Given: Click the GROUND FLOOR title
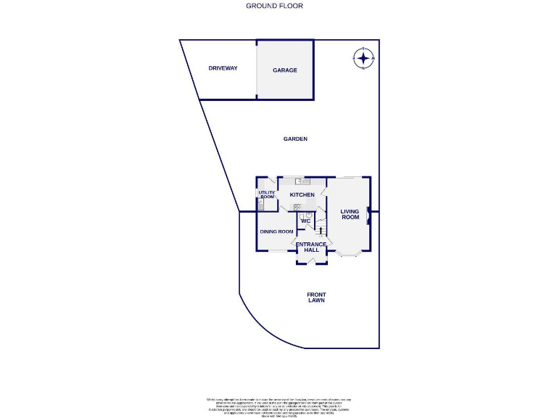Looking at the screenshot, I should (274, 6).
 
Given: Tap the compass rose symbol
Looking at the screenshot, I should (363, 57).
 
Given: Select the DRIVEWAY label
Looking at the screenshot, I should (223, 68).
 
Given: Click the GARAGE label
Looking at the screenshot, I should (284, 70).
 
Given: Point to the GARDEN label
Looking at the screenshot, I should (295, 139).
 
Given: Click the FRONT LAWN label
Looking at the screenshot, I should (315, 297).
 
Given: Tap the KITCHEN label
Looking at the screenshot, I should (302, 195).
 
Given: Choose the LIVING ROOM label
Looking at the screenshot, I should (350, 215).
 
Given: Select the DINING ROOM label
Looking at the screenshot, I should (276, 231).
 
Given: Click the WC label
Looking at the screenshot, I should (305, 221).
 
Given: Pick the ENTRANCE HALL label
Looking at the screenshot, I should (311, 247).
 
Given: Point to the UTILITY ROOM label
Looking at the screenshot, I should (266, 195).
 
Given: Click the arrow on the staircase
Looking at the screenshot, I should (320, 230).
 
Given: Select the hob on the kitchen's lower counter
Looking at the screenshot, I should (297, 208).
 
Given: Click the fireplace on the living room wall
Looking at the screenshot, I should (368, 215).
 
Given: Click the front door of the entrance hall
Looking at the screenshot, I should (311, 262).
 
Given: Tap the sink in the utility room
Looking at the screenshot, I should (261, 205).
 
